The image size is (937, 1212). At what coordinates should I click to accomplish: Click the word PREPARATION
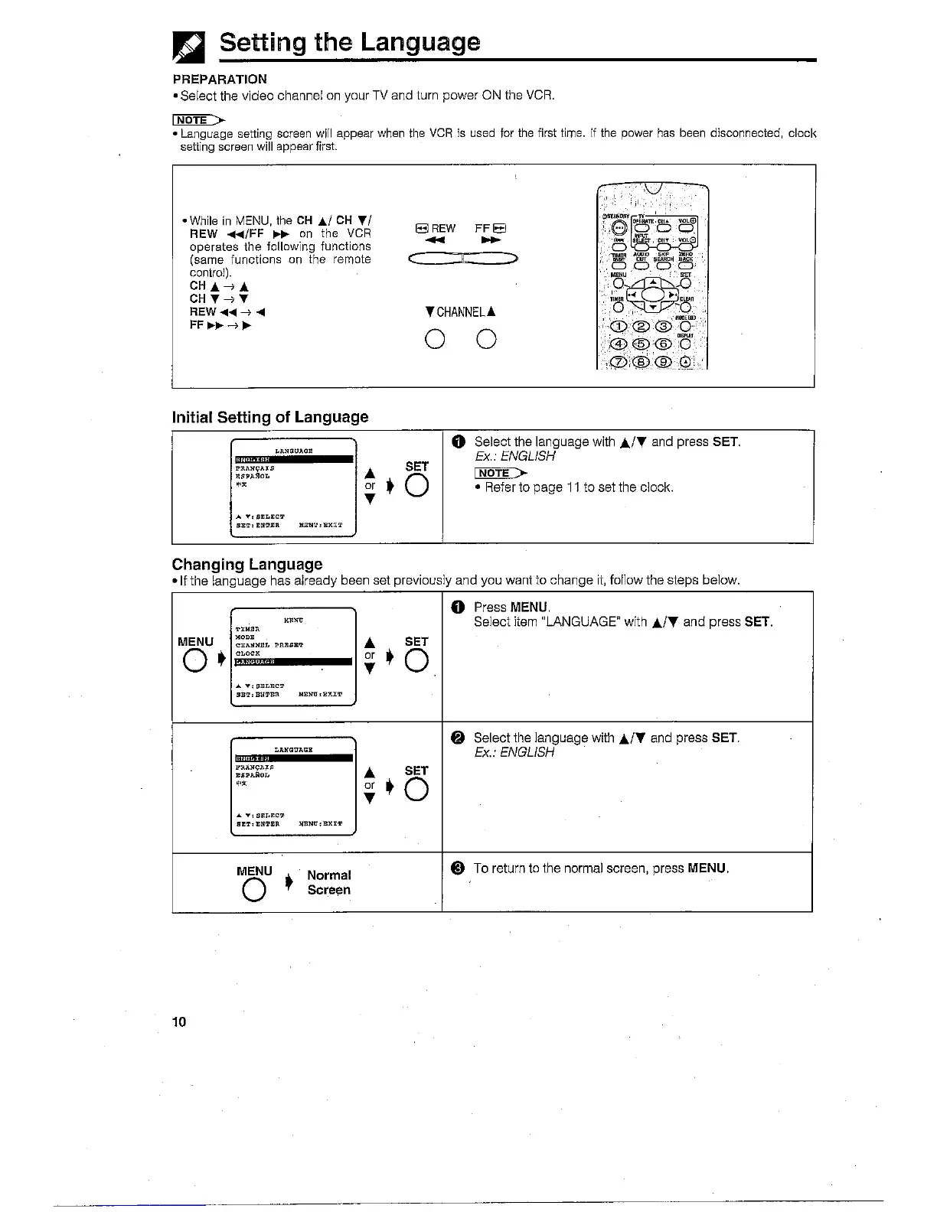[220, 79]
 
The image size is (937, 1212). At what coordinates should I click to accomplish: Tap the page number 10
[179, 1022]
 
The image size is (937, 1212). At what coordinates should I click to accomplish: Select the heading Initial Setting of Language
[270, 417]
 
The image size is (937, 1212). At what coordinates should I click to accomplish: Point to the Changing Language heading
[247, 564]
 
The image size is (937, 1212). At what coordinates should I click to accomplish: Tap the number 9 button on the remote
[664, 362]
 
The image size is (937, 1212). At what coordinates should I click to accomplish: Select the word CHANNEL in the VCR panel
[461, 312]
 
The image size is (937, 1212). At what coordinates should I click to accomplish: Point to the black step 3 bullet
[457, 868]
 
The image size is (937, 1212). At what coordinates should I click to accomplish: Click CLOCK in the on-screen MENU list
[248, 653]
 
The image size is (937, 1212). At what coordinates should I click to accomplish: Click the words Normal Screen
[328, 882]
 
